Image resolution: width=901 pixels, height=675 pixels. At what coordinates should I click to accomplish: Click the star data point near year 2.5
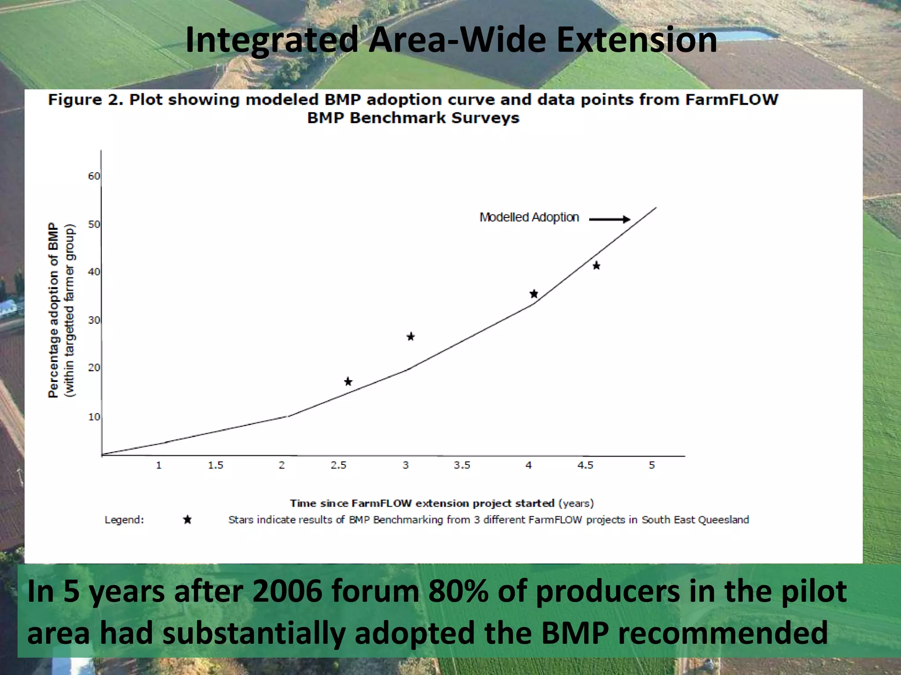(348, 381)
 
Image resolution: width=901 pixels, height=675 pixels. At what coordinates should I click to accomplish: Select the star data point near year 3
(410, 337)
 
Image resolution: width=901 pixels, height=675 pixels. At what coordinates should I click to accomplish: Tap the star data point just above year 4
(534, 294)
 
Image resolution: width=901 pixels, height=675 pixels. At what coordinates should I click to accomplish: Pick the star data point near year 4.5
(596, 265)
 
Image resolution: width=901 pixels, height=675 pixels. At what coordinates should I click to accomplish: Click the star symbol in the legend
(187, 520)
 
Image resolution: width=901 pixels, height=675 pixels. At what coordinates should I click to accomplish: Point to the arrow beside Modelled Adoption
(609, 219)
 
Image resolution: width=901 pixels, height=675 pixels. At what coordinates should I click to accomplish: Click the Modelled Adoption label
(529, 218)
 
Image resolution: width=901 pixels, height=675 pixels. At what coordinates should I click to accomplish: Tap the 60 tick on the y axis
(94, 176)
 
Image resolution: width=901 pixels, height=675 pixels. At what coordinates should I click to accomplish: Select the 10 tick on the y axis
(94, 417)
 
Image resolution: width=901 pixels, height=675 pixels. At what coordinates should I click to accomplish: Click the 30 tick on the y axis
(94, 320)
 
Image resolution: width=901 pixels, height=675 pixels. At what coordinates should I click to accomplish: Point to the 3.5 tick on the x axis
(462, 465)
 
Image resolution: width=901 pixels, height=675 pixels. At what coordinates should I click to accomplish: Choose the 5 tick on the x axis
(652, 465)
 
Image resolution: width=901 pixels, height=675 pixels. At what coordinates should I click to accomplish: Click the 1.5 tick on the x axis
(216, 465)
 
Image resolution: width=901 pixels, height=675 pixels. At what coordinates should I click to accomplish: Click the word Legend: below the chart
(124, 520)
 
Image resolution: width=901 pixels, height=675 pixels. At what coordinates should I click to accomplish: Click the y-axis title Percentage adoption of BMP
(53, 310)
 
